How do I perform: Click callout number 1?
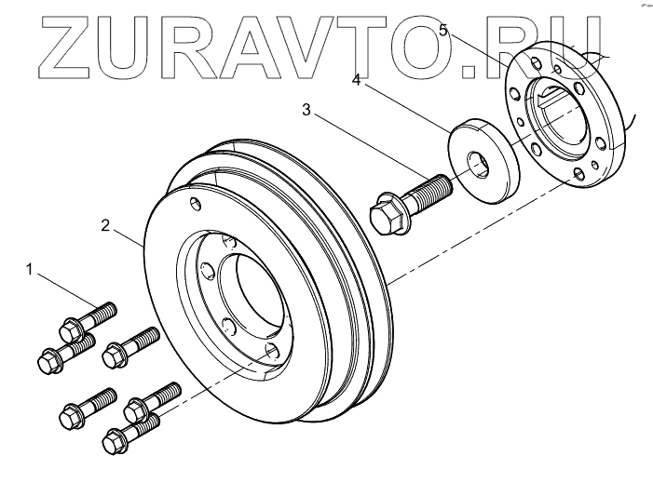[x=31, y=271]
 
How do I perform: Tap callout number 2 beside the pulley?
[x=106, y=225]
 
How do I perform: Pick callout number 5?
[x=443, y=31]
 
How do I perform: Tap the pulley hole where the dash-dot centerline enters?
[x=272, y=351]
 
